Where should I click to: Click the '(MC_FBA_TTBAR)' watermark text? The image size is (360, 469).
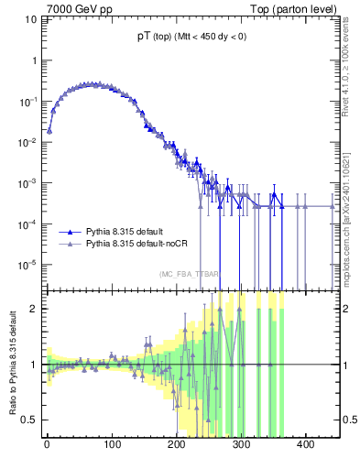click(x=189, y=274)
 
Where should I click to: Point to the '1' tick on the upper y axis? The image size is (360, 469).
click(x=34, y=60)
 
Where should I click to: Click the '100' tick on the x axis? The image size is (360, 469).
click(x=112, y=444)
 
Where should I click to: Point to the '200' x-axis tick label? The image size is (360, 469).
click(x=177, y=444)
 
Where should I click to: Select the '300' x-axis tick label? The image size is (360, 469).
click(x=242, y=444)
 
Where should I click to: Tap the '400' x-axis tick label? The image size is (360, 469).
click(x=307, y=444)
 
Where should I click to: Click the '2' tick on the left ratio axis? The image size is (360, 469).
click(x=34, y=309)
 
